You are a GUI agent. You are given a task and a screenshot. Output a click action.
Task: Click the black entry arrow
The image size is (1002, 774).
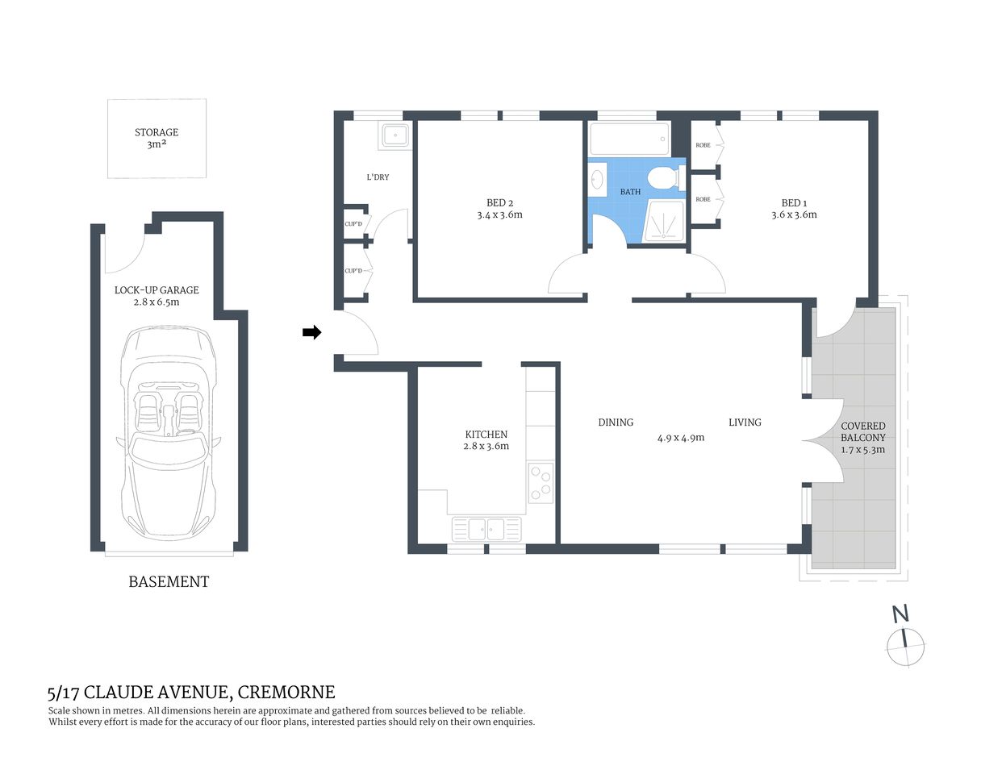click(311, 332)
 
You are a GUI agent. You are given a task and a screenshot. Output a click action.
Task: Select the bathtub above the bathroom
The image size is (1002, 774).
click(629, 139)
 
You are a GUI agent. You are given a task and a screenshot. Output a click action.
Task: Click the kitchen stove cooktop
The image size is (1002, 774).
click(541, 481)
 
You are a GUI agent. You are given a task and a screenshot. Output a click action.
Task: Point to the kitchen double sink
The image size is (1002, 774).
click(486, 529)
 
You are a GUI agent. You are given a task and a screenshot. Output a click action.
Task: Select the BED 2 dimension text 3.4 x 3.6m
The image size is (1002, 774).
click(499, 215)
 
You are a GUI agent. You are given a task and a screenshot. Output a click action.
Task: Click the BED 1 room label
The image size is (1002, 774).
click(794, 203)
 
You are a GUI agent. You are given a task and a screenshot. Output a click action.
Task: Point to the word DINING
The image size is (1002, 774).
click(616, 422)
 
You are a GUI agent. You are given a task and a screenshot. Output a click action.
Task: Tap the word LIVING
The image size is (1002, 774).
click(745, 422)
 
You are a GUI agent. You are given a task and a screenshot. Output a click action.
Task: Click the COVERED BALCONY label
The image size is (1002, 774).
click(862, 431)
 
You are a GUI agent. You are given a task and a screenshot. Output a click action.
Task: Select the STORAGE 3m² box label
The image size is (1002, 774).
click(157, 138)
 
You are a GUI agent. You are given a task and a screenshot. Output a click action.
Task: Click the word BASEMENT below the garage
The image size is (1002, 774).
click(169, 581)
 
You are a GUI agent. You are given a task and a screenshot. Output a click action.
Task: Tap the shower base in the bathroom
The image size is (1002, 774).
click(663, 221)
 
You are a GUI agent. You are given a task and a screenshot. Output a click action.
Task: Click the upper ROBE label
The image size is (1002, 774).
click(703, 145)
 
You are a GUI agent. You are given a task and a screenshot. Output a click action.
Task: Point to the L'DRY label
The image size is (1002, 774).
click(378, 177)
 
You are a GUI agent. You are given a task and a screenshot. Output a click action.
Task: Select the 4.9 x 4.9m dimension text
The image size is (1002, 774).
click(680, 438)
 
